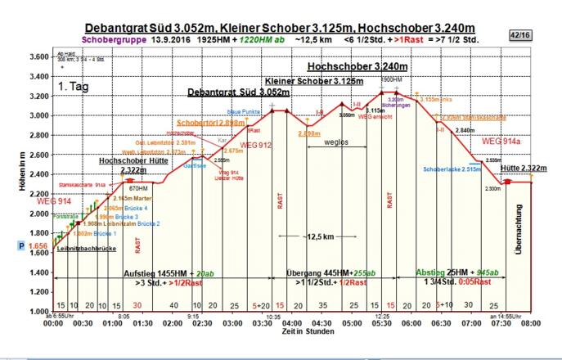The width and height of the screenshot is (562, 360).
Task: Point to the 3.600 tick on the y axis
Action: [38, 56]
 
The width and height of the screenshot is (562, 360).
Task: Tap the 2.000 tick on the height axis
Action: [38, 214]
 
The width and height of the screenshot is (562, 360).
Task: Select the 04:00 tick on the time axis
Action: [293, 323]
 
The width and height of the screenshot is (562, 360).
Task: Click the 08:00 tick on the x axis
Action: [532, 323]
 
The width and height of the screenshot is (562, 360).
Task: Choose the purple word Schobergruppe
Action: [115, 38]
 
